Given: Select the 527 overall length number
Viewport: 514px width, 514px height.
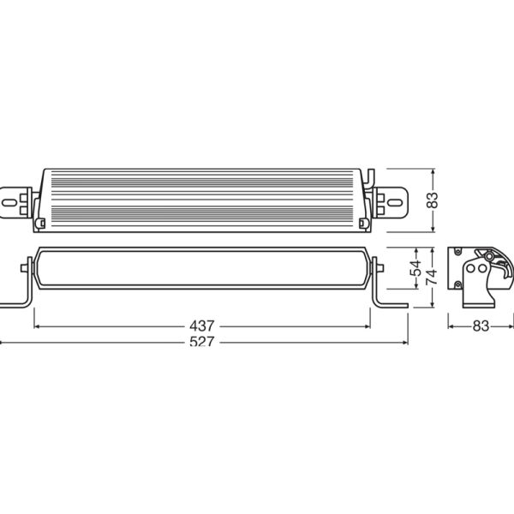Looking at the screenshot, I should (x=203, y=342).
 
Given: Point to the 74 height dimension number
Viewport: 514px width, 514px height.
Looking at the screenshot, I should (x=432, y=277).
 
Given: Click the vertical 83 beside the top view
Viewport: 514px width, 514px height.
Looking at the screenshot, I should (x=432, y=200).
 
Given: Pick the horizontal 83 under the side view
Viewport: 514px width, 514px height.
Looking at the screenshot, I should (x=480, y=326).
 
